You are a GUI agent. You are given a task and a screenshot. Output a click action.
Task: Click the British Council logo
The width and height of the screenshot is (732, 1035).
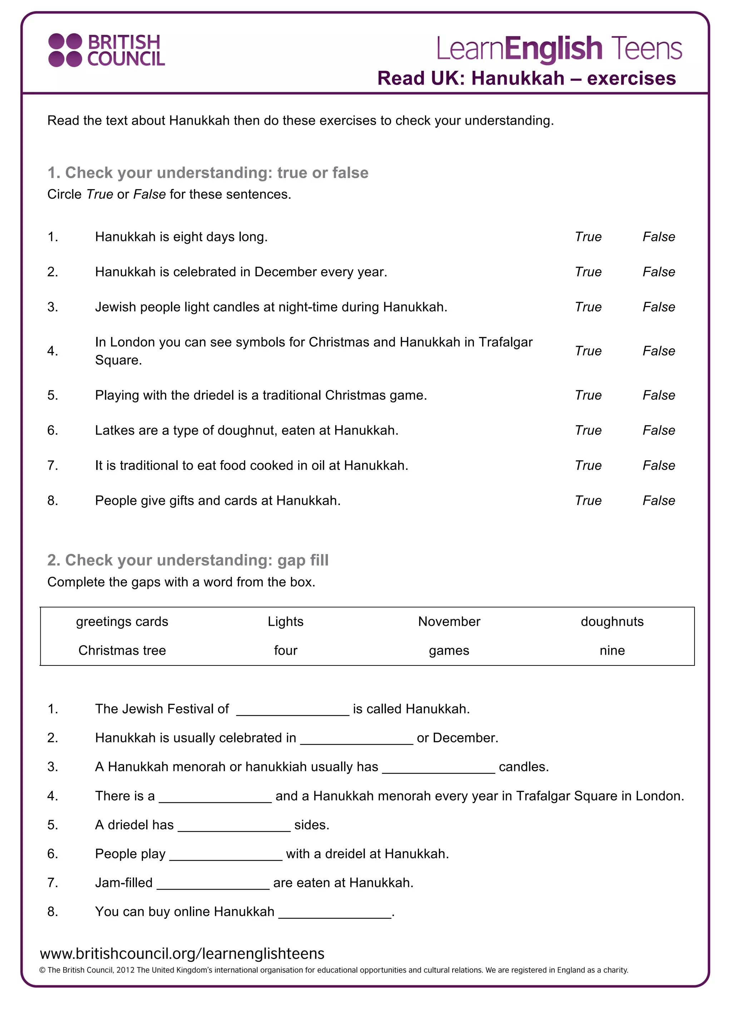point(107,50)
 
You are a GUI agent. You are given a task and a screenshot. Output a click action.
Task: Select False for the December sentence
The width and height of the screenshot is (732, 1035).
point(658,272)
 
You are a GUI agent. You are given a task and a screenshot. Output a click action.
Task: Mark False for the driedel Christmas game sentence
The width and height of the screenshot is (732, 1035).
point(658,395)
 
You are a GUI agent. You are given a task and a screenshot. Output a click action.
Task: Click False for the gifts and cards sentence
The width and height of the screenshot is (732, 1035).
point(658,500)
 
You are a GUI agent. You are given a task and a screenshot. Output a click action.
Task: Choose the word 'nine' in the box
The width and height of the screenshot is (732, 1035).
point(612,650)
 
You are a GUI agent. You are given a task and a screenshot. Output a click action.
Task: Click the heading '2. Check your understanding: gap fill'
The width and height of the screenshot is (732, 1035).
point(188,560)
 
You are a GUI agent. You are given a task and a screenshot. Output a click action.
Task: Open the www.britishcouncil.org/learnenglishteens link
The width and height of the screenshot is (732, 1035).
point(182,954)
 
